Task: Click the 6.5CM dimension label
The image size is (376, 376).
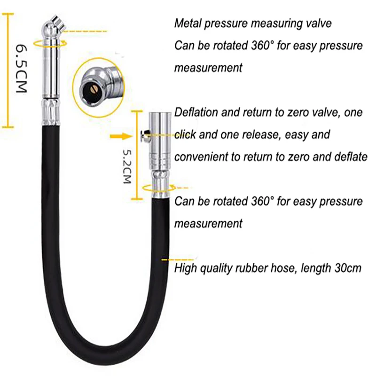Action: tap(21, 69)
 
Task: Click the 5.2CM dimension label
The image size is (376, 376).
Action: tap(127, 167)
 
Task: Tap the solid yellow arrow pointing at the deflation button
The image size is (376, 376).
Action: tap(121, 136)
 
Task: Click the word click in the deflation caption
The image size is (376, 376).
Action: tap(185, 134)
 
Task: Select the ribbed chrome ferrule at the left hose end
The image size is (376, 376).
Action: tap(51, 112)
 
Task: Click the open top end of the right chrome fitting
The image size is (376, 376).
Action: tap(160, 113)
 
